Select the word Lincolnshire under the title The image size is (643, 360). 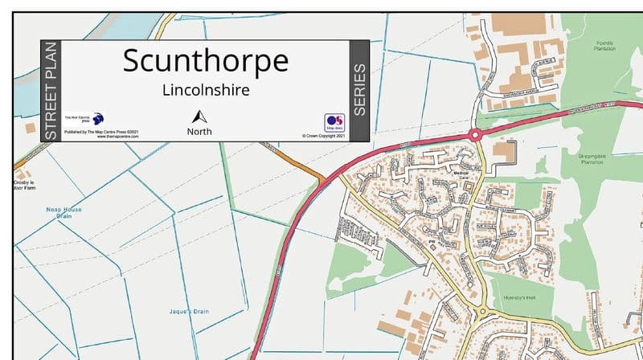[205, 90]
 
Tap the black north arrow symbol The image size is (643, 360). [199, 116]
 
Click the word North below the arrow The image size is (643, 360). [199, 131]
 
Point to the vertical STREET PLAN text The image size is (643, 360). [51, 92]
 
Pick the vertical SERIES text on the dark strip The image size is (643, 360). [359, 90]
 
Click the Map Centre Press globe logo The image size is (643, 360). [99, 118]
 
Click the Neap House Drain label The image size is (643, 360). [63, 212]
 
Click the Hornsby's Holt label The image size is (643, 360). [518, 297]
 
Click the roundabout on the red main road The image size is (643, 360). [475, 134]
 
